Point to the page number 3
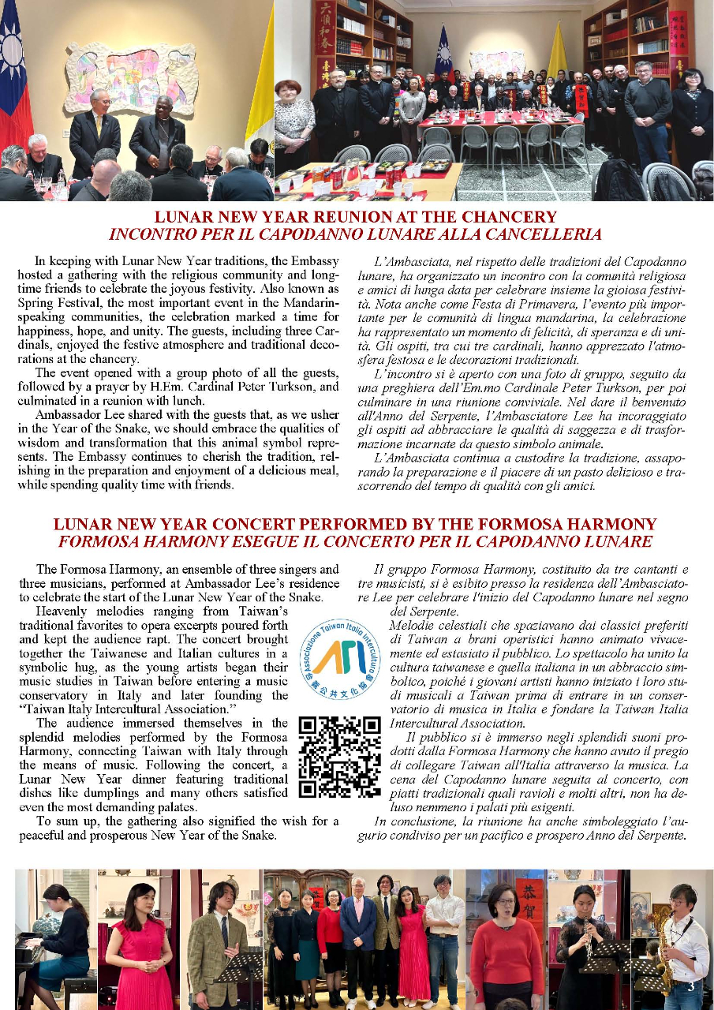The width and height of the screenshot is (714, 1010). tap(691, 986)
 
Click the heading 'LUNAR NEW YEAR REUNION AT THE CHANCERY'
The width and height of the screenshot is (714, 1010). tap(355, 217)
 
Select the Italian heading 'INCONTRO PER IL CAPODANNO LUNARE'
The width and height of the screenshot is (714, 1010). tap(355, 234)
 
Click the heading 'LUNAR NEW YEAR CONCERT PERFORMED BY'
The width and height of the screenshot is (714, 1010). tap(355, 524)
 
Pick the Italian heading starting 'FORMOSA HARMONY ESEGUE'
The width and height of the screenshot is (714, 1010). tap(355, 541)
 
